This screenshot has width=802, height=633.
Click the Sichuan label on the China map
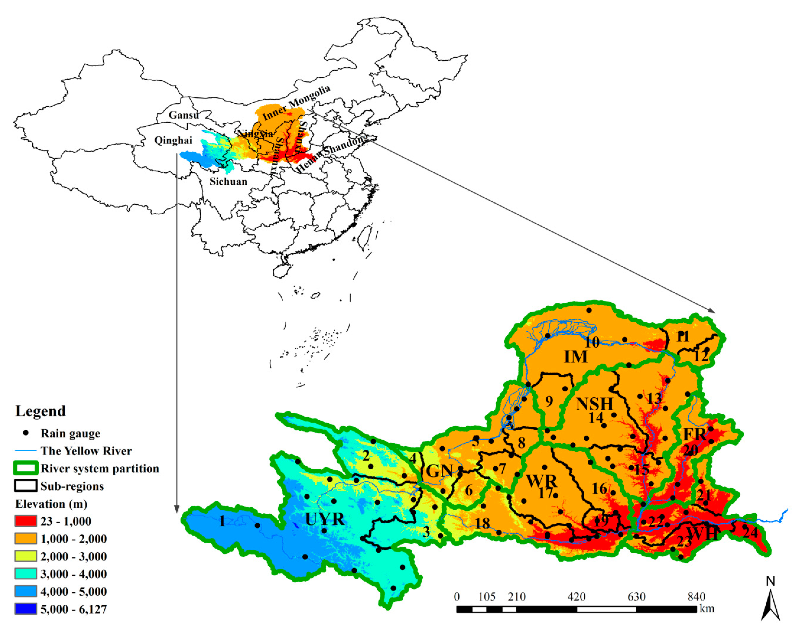coord(228,181)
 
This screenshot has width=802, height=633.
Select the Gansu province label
coord(183,115)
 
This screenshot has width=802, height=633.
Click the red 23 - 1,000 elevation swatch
coord(26,521)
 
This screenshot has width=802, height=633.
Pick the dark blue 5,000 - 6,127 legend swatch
coord(26,609)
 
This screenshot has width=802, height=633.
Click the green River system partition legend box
coord(26,468)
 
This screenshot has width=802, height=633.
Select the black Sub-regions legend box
coord(26,486)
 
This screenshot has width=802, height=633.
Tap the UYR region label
coord(325,519)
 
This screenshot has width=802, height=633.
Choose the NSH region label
coord(594,404)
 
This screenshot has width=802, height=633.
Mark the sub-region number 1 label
coord(222,521)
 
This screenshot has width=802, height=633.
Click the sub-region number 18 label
coord(482,523)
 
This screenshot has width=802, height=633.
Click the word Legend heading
coord(41,411)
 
